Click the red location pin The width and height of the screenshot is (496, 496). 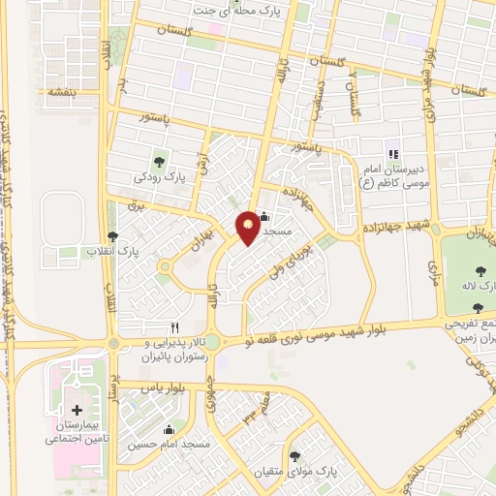pos(248,227)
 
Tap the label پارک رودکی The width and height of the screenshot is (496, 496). pos(158,177)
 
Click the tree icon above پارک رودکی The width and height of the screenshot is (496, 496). pos(159,161)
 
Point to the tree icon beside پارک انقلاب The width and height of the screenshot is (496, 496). pos(113,235)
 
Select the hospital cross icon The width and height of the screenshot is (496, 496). pos(77,410)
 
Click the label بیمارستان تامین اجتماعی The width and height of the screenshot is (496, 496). pos(77,432)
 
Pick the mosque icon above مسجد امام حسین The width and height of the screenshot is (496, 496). pos(170,429)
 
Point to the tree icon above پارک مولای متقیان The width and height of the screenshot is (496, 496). pos(294,455)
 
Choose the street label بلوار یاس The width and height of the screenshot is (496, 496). pos(162,387)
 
